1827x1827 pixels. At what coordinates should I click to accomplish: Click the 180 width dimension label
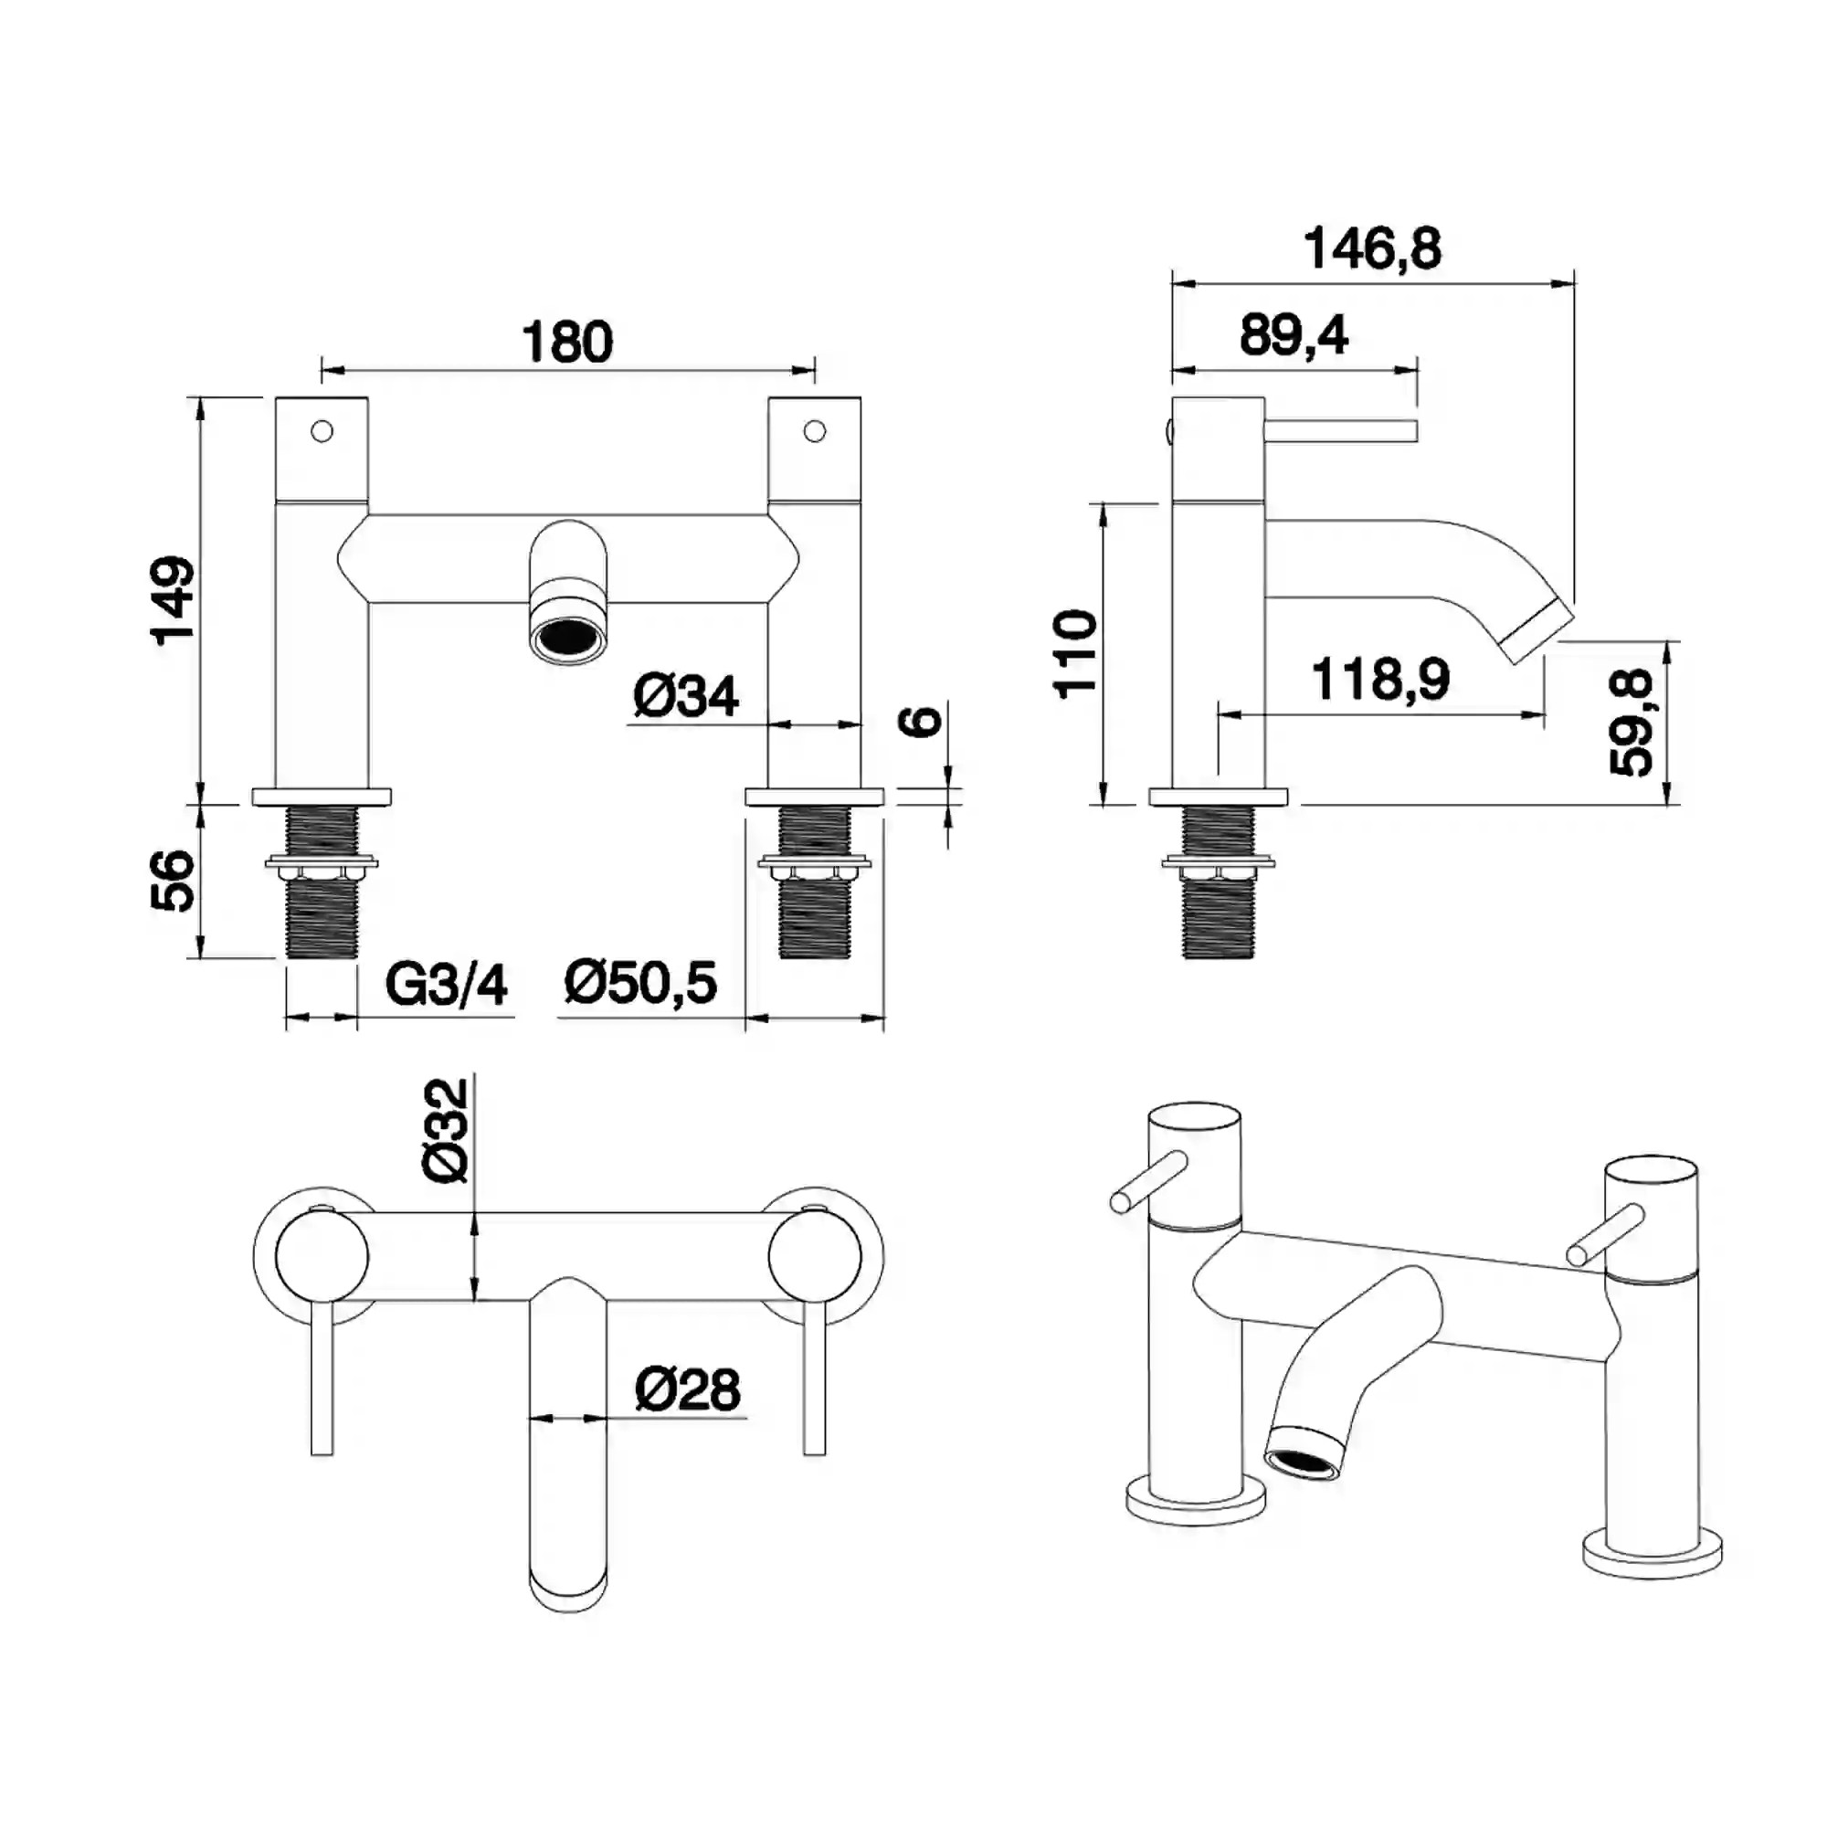(567, 343)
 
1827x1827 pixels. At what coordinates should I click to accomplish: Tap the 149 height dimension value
(173, 600)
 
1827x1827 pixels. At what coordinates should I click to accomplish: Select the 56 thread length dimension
(173, 881)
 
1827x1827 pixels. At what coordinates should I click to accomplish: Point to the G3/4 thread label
(447, 985)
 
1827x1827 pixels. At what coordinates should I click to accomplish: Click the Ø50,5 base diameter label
(640, 983)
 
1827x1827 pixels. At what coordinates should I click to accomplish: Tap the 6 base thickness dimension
(921, 721)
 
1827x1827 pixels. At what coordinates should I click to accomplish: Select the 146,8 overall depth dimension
(1372, 249)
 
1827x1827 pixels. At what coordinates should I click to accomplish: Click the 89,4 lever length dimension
(1294, 334)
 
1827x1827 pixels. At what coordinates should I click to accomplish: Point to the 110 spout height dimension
(1076, 654)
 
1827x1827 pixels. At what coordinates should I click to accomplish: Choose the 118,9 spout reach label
(1380, 679)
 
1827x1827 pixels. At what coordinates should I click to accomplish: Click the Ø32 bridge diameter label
(446, 1131)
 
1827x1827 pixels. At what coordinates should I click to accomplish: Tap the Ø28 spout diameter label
(688, 1390)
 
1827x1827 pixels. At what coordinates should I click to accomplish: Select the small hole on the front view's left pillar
(322, 431)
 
